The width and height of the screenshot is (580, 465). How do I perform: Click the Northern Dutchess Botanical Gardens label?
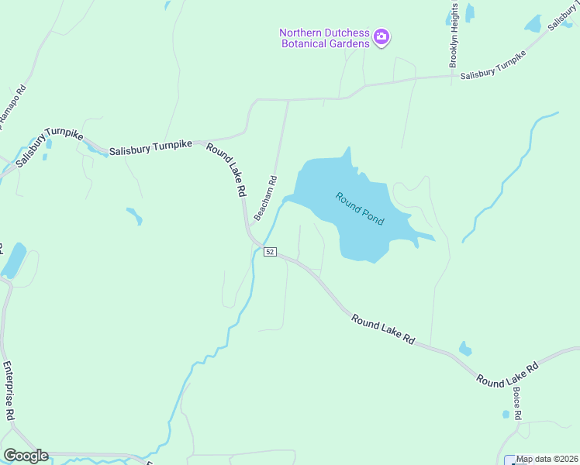pos(324,37)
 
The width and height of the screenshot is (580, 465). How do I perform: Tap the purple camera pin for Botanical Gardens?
pos(381,36)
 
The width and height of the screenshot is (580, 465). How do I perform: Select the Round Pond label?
pos(359,208)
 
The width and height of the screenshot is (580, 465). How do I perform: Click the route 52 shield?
pos(270,252)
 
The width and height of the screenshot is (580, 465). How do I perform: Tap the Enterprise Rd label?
pos(9,391)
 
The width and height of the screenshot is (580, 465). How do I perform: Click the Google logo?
pos(26,455)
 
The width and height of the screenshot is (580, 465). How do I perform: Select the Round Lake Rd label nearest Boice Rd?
pos(507,373)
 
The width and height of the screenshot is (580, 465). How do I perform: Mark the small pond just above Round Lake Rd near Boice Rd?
pos(464,349)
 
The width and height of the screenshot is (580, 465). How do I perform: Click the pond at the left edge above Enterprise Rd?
pos(14,260)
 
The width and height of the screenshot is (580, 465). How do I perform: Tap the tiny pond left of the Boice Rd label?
pos(506,415)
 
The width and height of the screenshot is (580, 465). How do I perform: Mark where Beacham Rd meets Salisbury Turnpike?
pos(288,99)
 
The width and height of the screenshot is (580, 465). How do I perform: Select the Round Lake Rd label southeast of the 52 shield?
pos(382,329)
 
